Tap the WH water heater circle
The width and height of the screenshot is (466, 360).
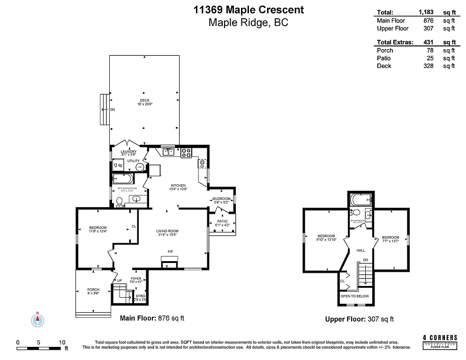[139, 167]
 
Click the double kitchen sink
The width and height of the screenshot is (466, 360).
[169, 152]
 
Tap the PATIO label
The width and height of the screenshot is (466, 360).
[222, 222]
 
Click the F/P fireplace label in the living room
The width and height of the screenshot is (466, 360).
[170, 252]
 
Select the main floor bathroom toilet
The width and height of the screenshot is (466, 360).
[120, 202]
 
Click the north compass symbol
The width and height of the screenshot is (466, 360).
[38, 320]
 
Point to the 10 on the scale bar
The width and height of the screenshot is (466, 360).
[62, 342]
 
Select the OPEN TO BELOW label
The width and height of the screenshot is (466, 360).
[354, 296]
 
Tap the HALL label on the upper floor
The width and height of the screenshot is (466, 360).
[361, 250]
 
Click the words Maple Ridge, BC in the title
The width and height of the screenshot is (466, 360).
[248, 22]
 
